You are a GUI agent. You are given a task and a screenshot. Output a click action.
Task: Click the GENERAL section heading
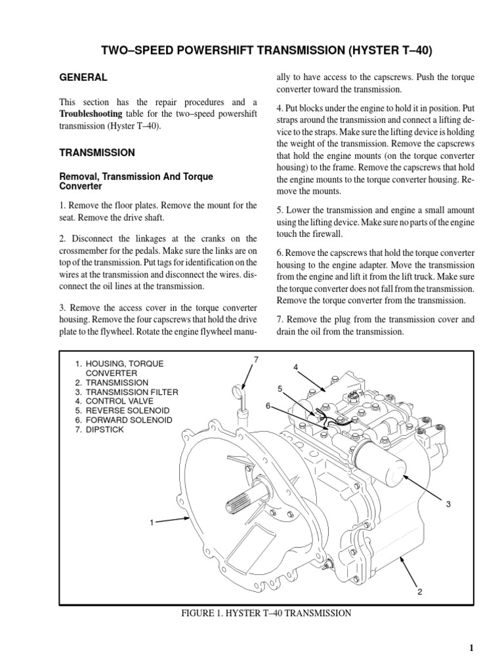83,77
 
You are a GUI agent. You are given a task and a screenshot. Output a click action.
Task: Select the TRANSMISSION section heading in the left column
97,152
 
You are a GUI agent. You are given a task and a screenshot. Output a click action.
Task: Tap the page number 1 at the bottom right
471,648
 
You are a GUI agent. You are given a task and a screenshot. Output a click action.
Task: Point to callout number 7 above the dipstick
257,358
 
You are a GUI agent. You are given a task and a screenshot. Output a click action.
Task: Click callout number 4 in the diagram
296,366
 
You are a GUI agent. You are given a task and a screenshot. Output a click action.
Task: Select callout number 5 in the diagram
279,388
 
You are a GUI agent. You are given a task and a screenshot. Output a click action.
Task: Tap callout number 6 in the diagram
268,406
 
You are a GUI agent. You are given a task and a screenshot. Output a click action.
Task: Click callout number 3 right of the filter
448,504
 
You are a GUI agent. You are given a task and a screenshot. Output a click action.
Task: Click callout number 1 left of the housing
152,523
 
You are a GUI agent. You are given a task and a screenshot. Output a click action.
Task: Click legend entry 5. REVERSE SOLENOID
122,410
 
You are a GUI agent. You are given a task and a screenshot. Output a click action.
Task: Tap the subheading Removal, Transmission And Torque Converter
136,181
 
